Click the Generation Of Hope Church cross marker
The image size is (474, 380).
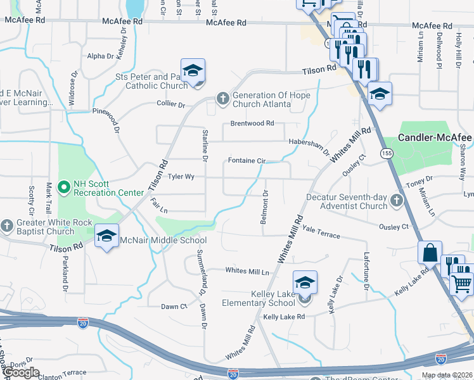(222, 98)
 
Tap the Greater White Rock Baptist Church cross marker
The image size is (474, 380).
(7, 225)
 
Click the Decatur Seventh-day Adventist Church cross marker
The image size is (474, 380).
(397, 200)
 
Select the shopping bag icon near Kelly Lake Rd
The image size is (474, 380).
(430, 252)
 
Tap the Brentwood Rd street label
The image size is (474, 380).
(252, 123)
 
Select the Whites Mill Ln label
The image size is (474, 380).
(248, 271)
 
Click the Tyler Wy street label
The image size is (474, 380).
(181, 177)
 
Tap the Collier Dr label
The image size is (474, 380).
(171, 104)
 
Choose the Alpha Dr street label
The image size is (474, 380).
(101, 56)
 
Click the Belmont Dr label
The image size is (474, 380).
(266, 207)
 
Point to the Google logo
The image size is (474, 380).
(21, 372)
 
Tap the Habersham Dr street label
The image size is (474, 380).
(309, 147)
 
